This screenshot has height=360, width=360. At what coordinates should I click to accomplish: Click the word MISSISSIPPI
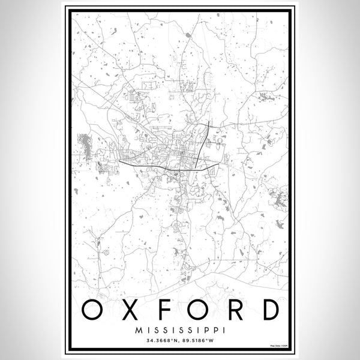pos(180,329)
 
